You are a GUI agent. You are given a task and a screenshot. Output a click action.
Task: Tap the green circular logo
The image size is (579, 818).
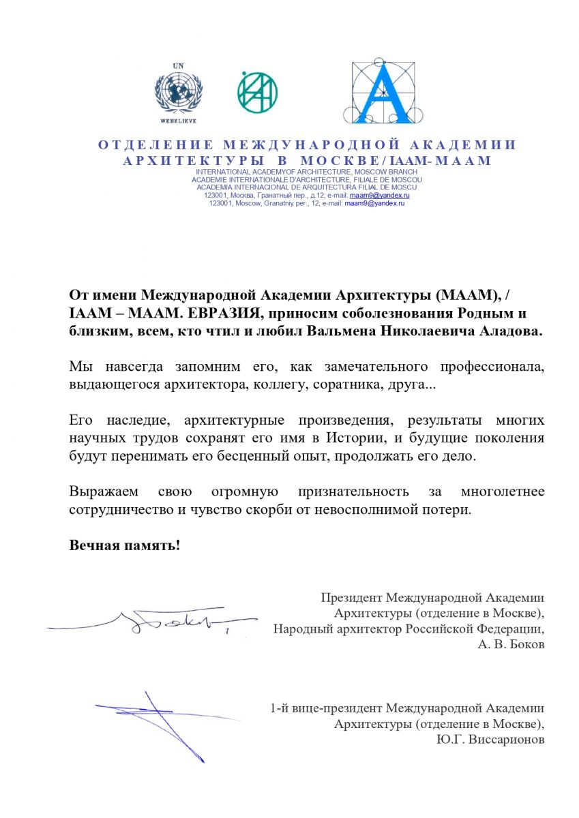(257, 91)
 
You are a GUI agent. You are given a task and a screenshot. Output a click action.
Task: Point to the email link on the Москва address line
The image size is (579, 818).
(380, 196)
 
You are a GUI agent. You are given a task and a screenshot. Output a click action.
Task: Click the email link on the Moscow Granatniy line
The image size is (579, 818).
(375, 203)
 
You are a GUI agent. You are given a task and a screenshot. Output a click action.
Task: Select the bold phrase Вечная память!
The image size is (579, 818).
(125, 545)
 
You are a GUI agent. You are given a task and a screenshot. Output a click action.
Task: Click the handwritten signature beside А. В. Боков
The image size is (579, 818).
(170, 620)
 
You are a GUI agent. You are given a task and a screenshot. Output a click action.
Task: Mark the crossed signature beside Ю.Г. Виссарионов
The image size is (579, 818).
(160, 719)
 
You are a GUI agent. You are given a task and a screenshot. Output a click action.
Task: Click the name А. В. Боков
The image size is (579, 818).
(511, 645)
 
